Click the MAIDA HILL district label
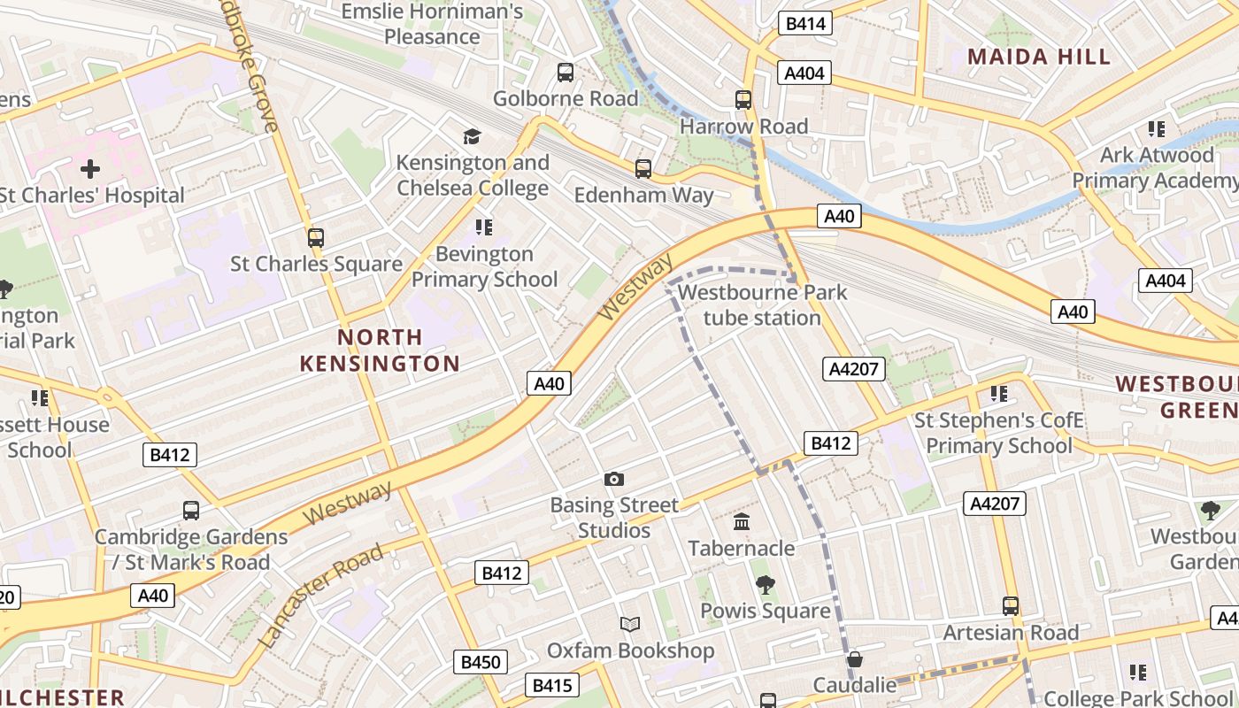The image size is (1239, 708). [1038, 57]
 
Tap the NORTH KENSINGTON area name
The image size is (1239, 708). [380, 350]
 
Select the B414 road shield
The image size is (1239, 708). [805, 23]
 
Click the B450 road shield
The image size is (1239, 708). [481, 662]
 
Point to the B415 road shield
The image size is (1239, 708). [553, 685]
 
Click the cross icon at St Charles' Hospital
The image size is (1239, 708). [89, 168]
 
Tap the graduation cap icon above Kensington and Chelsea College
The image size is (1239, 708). [472, 136]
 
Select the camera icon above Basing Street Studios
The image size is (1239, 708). [614, 480]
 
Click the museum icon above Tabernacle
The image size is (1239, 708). [742, 522]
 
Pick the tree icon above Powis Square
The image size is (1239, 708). [765, 584]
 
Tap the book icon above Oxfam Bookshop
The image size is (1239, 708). [629, 625]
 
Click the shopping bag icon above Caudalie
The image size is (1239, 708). [854, 659]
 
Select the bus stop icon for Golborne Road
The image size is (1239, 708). [565, 73]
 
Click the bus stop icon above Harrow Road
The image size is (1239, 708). [743, 100]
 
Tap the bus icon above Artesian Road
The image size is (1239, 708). [1011, 606]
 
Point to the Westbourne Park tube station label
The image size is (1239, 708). [762, 304]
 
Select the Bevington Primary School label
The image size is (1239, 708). [484, 266]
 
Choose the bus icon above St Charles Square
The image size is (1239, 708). [316, 237]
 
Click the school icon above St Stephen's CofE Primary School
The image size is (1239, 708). [999, 394]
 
